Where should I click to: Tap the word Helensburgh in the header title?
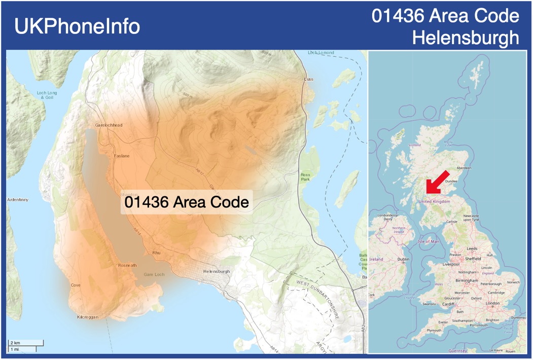pos(466,38)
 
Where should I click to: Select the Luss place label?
pos(308,80)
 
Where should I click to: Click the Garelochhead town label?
pos(109,125)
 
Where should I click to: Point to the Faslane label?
pos(122,156)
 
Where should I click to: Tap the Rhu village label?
pos(156,253)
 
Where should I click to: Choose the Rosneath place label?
pos(127,265)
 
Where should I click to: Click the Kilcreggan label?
pos(87,317)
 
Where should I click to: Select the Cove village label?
pos(76,285)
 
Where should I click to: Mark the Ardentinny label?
pos(18,200)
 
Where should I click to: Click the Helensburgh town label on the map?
pos(217,272)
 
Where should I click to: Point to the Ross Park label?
pos(305,177)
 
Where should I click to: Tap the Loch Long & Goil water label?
pos(47,95)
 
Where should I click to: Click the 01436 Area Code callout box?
pos(187,202)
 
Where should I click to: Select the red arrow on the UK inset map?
pos(434,185)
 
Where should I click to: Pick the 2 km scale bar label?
pos(15,343)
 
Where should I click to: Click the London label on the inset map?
pos(492,303)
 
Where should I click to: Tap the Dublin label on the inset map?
pos(403,259)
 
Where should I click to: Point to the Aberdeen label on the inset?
pos(464,168)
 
